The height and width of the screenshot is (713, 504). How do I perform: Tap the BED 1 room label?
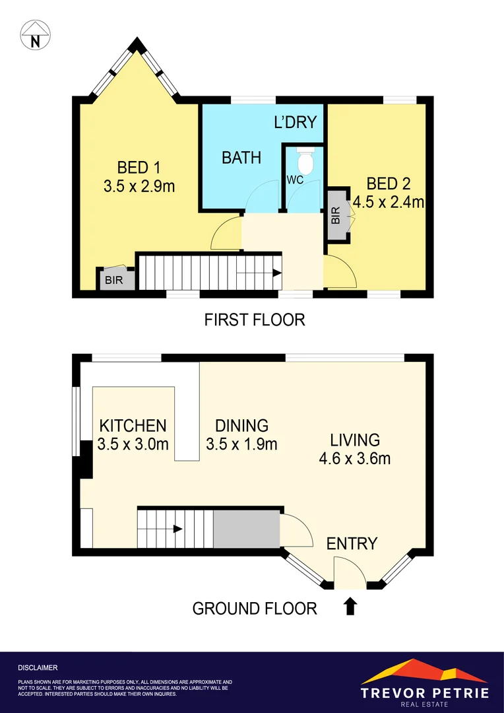click(139, 167)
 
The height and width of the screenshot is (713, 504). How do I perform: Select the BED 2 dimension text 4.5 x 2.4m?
click(388, 202)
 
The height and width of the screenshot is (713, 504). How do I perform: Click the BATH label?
click(241, 158)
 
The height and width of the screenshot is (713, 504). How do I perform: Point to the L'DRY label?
click(296, 122)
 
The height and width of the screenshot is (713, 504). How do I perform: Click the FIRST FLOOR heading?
click(254, 320)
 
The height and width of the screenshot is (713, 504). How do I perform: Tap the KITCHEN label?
click(133, 425)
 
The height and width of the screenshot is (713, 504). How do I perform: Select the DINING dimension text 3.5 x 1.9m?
click(241, 444)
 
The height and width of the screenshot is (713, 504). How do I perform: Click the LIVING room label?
click(355, 440)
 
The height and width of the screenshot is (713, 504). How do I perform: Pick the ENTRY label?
click(352, 543)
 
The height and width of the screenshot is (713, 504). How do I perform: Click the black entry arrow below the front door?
click(350, 605)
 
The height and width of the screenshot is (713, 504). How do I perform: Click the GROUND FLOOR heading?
click(254, 608)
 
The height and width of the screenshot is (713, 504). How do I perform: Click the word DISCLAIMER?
click(38, 668)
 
